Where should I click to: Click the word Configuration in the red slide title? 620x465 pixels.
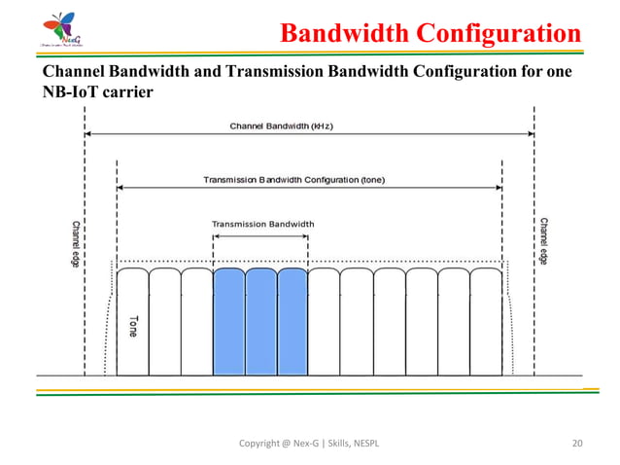[x=499, y=35]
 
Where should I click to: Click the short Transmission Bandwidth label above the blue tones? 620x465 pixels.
[x=262, y=223]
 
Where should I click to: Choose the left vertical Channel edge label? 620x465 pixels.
[x=76, y=243]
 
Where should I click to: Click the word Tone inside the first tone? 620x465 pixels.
[x=131, y=327]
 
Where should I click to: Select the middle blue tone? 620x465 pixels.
[x=260, y=321]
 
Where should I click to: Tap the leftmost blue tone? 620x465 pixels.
[x=228, y=321]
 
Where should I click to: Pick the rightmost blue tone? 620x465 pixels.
[x=293, y=321]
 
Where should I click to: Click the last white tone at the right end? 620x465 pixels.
[x=485, y=321]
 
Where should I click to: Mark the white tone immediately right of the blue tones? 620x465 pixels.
[x=325, y=321]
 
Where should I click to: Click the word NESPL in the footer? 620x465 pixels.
[x=362, y=445]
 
